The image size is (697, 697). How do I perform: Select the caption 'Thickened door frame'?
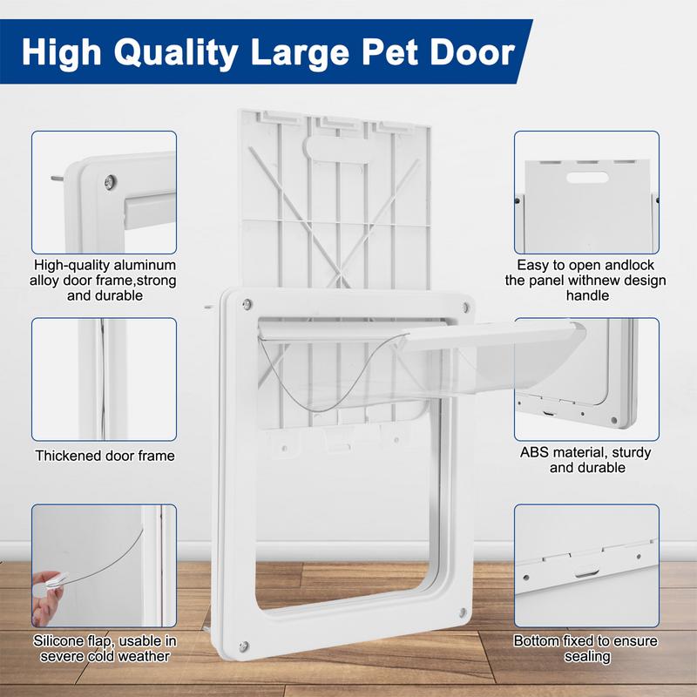105,456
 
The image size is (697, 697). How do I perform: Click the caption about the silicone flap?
105,648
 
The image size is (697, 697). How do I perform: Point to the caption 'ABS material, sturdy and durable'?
585,460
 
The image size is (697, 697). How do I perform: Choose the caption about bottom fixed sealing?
585,648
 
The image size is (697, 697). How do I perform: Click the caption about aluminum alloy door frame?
105,281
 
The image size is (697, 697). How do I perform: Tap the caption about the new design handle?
585,281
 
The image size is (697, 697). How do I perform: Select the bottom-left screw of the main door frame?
244,646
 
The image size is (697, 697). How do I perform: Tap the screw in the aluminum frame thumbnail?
107,181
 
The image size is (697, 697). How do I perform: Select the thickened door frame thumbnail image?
105,379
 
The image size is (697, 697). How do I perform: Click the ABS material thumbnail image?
585,379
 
